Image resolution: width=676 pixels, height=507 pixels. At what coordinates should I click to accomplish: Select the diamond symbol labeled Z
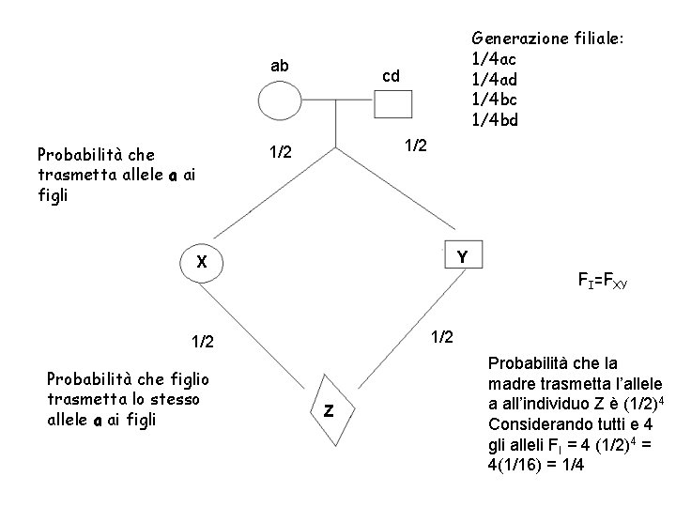point(330,409)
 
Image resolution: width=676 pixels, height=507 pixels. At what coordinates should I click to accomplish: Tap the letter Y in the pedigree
point(463,257)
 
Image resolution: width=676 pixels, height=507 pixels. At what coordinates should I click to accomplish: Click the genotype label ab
point(280,66)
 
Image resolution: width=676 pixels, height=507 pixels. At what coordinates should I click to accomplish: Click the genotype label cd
point(392,76)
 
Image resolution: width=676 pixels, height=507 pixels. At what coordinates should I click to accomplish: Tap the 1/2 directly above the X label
point(280,152)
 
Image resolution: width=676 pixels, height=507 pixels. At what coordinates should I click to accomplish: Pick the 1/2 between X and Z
point(203,344)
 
